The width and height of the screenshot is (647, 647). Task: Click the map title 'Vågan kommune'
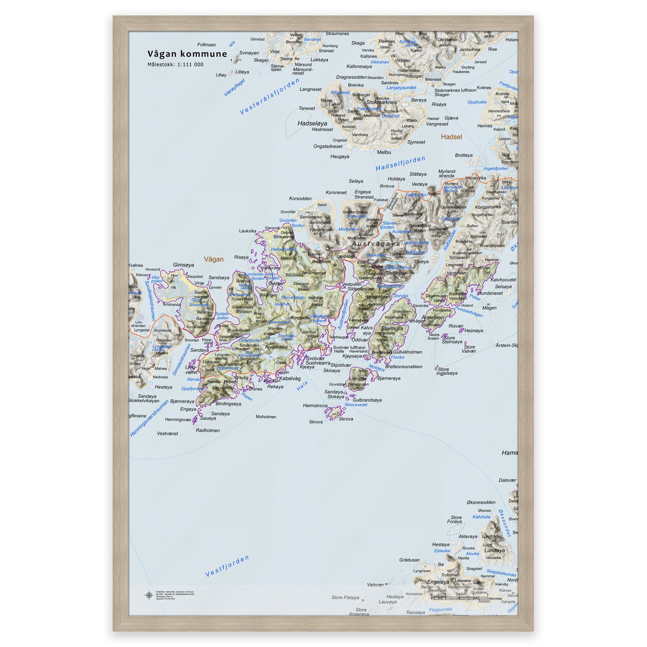[187, 54]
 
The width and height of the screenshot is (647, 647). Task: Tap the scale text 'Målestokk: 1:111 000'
[175, 65]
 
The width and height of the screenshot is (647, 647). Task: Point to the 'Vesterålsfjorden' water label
[269, 97]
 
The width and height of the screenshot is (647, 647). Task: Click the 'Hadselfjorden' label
[400, 163]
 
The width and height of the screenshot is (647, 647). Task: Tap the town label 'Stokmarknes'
[381, 102]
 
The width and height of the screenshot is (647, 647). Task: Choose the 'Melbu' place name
[384, 152]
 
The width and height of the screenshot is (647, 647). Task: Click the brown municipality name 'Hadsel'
[451, 136]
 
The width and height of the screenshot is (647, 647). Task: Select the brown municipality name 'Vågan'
[214, 259]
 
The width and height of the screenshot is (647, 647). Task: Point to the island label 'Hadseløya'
[312, 123]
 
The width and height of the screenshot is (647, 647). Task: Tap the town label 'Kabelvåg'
[290, 378]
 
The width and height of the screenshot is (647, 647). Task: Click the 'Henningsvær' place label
[178, 419]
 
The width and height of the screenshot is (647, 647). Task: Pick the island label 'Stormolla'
[392, 328]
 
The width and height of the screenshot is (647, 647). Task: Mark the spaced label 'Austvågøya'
[376, 244]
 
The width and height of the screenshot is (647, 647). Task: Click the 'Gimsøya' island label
[183, 264]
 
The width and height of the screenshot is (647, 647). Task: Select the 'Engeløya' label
[438, 582]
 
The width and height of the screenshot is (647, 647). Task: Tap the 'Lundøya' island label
[494, 550]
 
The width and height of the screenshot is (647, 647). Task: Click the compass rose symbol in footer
[149, 595]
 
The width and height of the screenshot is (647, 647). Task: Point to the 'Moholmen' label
[266, 417]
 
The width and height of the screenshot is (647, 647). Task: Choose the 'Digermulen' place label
[436, 296]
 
